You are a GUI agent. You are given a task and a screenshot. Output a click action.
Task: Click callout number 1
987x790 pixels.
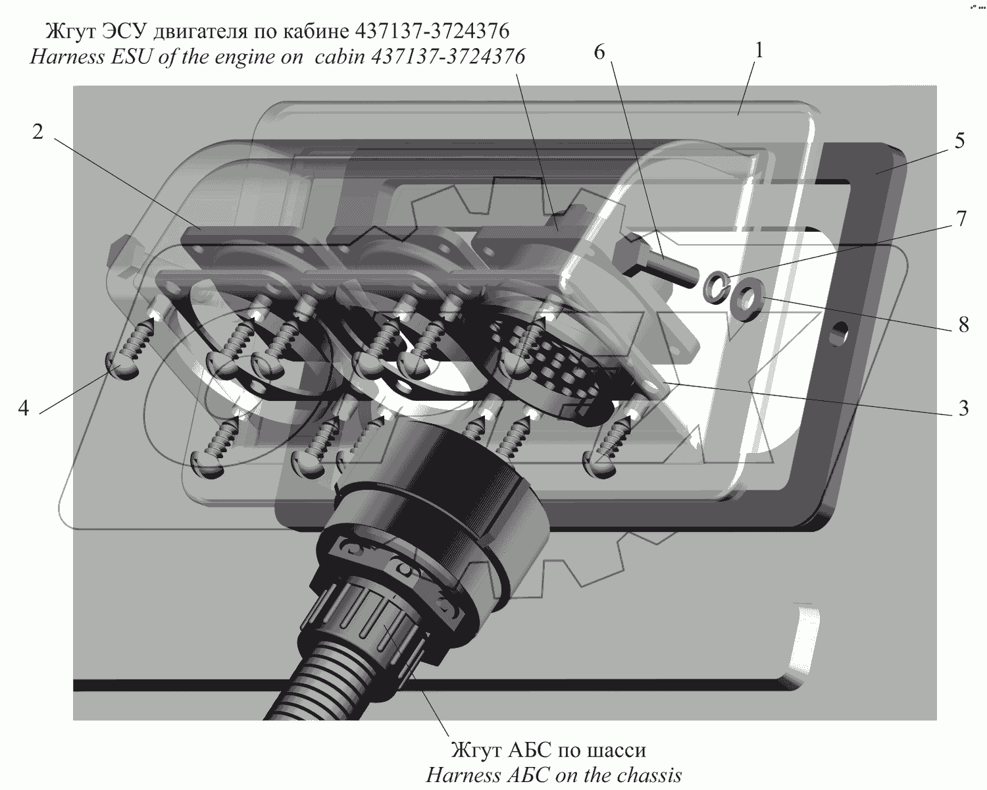point(759,51)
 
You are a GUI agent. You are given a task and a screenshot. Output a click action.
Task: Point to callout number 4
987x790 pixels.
point(24,408)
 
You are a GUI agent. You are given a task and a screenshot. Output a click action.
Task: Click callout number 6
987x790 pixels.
point(599,52)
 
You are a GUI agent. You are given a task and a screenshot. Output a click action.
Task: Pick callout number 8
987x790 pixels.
point(963,325)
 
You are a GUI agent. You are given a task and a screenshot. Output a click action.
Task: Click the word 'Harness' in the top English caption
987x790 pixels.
point(67,57)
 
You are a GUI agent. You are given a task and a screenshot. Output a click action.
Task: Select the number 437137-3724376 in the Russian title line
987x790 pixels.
point(432,31)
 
